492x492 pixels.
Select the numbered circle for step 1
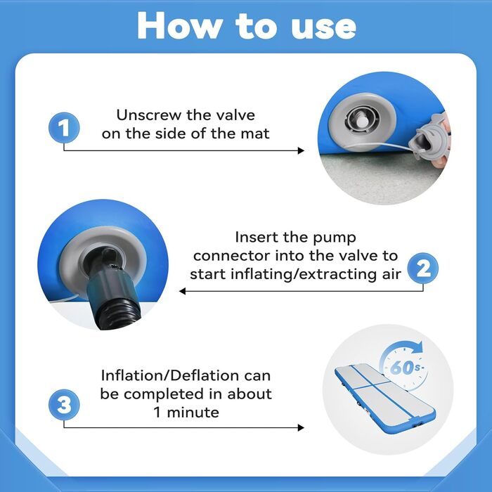point(64,128)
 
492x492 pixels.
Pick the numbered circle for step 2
point(422,268)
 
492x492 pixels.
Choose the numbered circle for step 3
point(64,404)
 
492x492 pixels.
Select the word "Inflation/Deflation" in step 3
point(170,375)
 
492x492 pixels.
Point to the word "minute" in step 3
point(193,413)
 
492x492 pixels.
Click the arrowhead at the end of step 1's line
point(301,150)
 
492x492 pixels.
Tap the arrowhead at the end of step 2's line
point(182,291)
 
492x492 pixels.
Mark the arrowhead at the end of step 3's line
point(301,427)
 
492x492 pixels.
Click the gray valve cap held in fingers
point(429,140)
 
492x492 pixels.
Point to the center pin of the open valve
point(363,120)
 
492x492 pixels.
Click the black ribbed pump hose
point(117,311)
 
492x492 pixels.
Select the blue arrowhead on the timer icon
point(416,347)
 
